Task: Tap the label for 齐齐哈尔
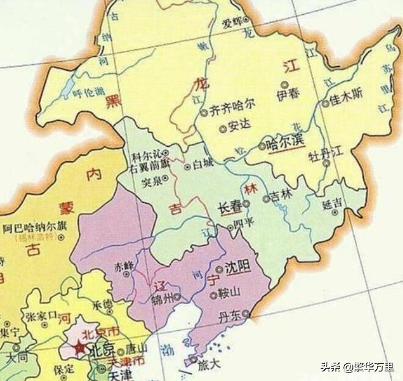click(232, 112)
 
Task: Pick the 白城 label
click(204, 166)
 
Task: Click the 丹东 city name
click(230, 319)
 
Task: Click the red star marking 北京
click(79, 349)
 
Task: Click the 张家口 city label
click(40, 316)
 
